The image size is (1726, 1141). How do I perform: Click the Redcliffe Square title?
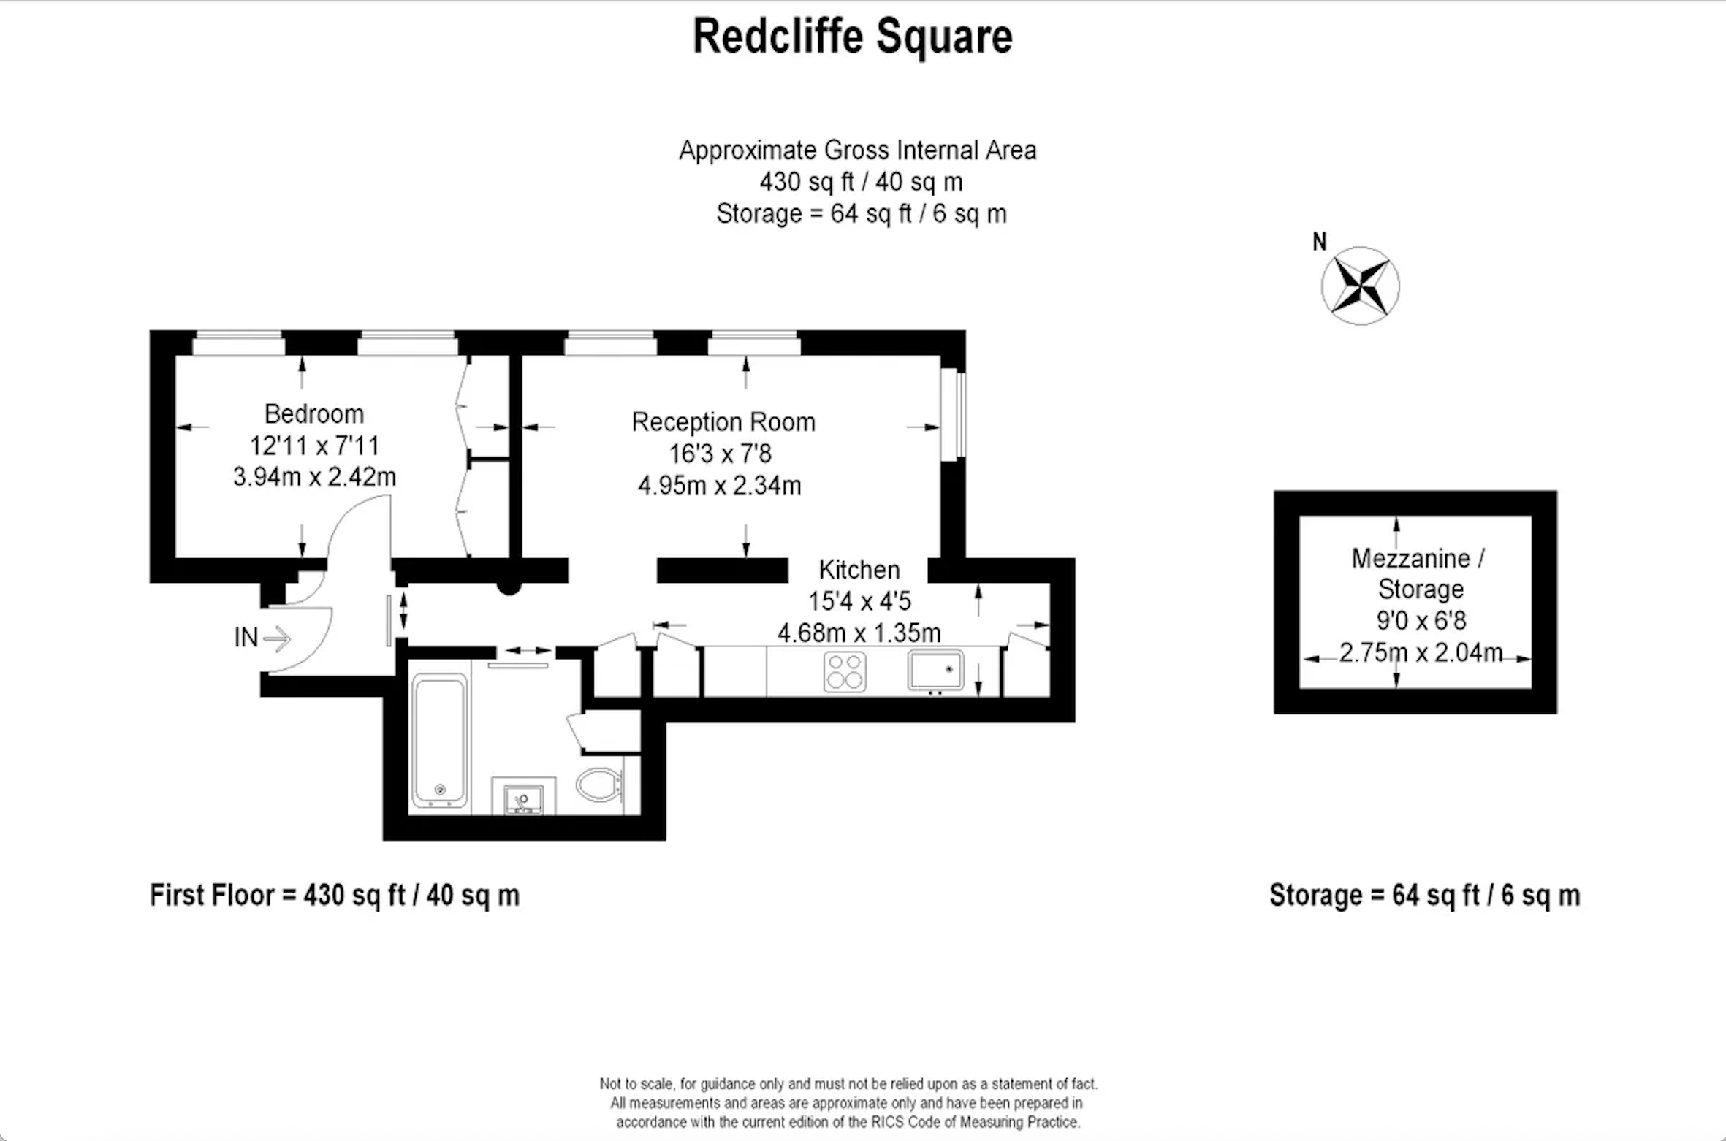point(853,37)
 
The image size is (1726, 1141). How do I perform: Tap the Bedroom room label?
point(314,414)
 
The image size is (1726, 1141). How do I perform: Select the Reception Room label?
point(723,422)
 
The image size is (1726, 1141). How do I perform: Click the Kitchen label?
point(859,570)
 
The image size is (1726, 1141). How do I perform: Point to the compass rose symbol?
point(1361,286)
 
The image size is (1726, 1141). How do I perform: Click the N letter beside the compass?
point(1320,242)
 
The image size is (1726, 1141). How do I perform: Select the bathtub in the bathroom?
point(439,740)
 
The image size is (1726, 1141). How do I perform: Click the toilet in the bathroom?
point(601,785)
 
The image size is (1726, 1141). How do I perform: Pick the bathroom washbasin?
point(523,798)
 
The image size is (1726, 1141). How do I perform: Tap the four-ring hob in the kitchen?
point(845,671)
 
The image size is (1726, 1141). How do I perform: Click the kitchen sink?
point(935,670)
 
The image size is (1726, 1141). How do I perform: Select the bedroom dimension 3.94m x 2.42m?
point(314,477)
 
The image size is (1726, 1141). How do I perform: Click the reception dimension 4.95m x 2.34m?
point(720,486)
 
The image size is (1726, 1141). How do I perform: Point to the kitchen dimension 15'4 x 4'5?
point(859,601)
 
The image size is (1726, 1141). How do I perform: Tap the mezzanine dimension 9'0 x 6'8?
point(1421,621)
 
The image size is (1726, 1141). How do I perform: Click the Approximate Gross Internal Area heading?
point(857,150)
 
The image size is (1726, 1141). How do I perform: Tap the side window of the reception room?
point(954,416)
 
